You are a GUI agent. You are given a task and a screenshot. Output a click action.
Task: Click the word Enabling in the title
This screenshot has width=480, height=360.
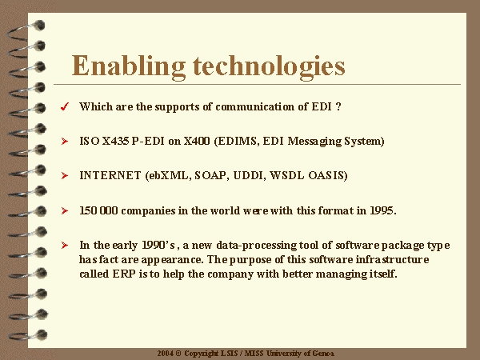tap(129, 66)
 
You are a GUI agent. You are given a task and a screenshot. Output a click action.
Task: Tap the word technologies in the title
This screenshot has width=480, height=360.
tap(269, 66)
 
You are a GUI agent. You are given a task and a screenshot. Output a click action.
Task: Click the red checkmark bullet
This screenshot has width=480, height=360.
tap(65, 106)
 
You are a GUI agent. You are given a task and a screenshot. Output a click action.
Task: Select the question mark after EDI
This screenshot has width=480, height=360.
tap(338, 106)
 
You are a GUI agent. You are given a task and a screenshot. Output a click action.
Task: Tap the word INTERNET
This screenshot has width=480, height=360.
tap(110, 175)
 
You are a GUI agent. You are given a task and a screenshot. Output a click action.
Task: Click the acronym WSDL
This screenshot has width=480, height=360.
tap(287, 175)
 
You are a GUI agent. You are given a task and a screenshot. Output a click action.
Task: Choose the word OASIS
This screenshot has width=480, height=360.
tap(327, 175)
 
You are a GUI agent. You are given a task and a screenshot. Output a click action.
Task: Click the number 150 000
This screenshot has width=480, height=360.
tap(98, 210)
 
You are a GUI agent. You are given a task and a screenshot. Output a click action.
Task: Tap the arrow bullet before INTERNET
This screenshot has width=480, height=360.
tap(65, 175)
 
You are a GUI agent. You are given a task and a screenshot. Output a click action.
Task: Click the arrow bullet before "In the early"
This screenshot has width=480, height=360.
tap(65, 246)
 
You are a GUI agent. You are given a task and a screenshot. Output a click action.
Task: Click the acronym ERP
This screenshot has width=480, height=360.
tap(124, 274)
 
